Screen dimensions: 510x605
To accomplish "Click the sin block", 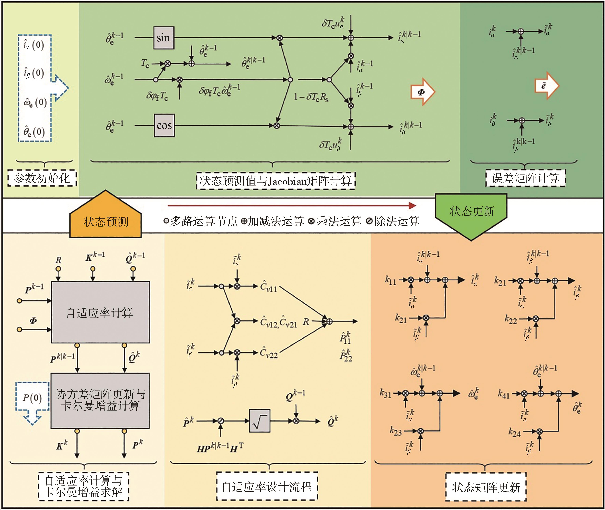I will click(164, 38).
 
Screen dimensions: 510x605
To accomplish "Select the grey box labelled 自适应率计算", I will click(100, 312).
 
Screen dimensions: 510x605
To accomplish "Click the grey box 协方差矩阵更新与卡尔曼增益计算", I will click(100, 400).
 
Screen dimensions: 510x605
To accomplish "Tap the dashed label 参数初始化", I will click(42, 178).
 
